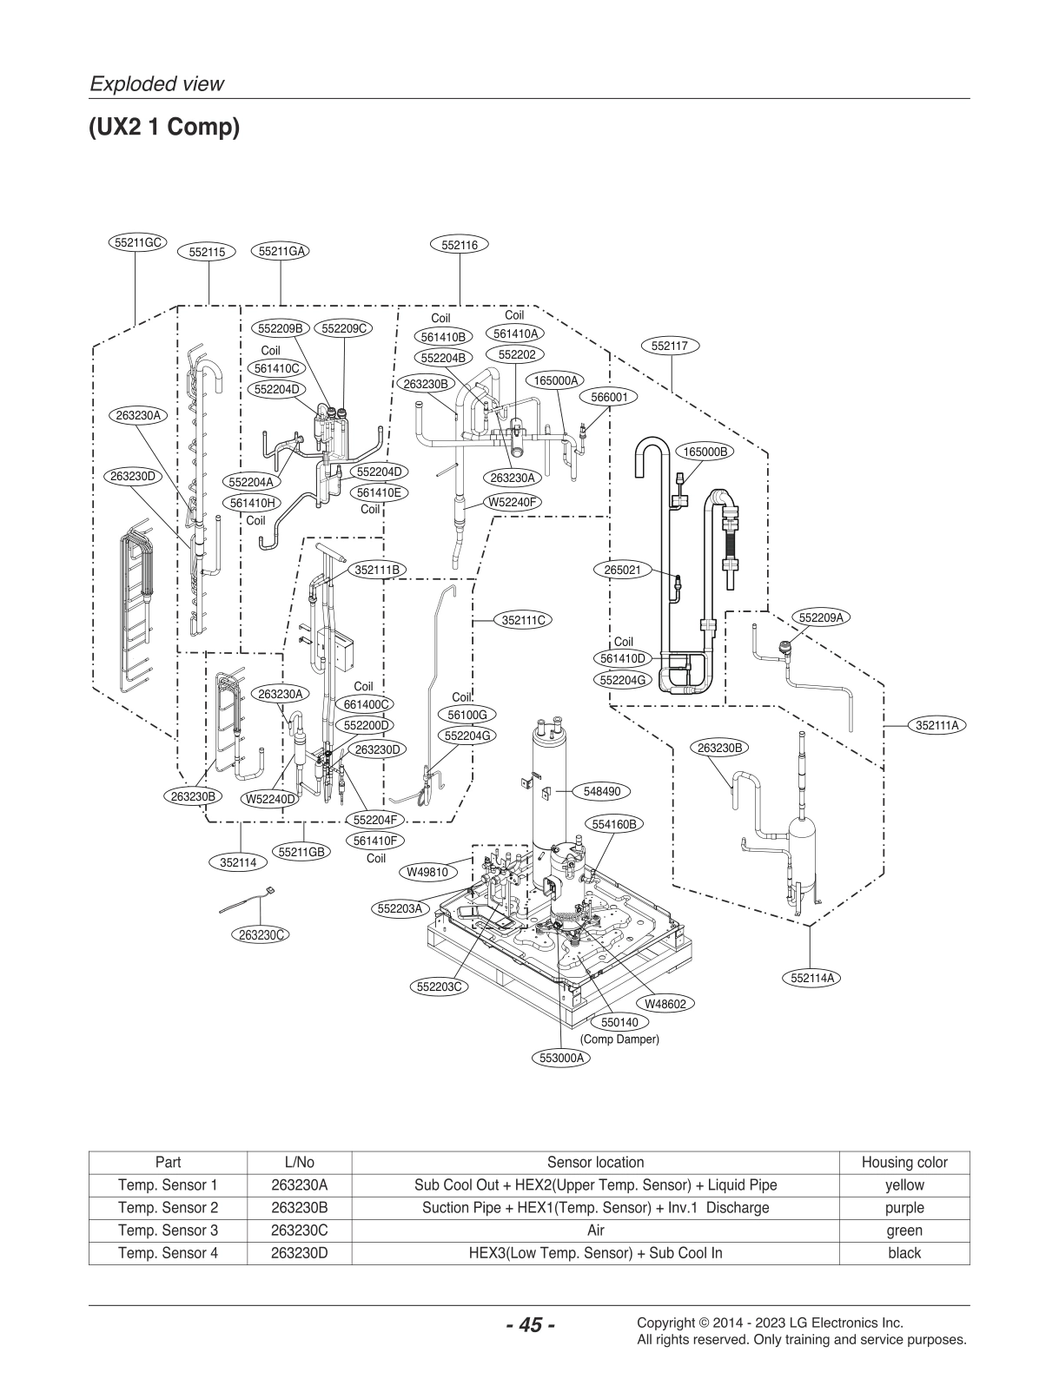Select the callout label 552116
pyautogui.click(x=460, y=245)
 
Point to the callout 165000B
pyautogui.click(x=705, y=452)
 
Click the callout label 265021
pyautogui.click(x=622, y=570)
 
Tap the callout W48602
pyautogui.click(x=665, y=1004)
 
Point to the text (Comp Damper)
pyautogui.click(x=619, y=1039)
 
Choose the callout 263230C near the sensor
pyautogui.click(x=262, y=934)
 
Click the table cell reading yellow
pyautogui.click(x=903, y=1185)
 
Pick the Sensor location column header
pyautogui.click(x=595, y=1162)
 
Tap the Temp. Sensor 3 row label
pyautogui.click(x=168, y=1231)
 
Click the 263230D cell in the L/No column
pyautogui.click(x=299, y=1253)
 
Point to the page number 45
pyautogui.click(x=529, y=1325)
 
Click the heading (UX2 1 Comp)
pyautogui.click(x=163, y=128)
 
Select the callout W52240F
pyautogui.click(x=513, y=502)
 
